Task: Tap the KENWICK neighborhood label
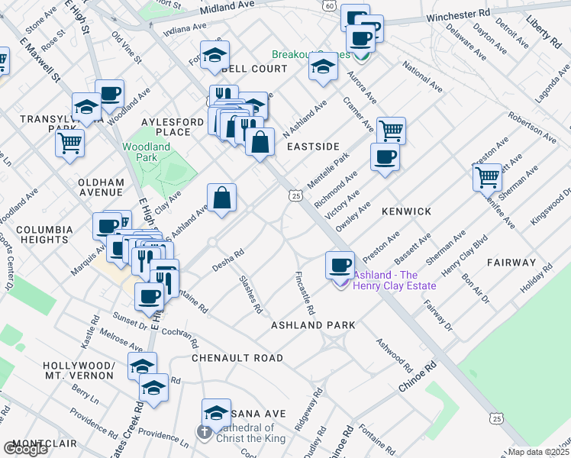pyautogui.click(x=407, y=211)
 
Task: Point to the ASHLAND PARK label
pyautogui.click(x=313, y=325)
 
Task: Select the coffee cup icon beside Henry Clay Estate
pyautogui.click(x=340, y=264)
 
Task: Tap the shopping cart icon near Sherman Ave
pyautogui.click(x=488, y=176)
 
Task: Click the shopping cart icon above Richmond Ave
pyautogui.click(x=390, y=130)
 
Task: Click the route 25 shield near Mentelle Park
pyautogui.click(x=295, y=196)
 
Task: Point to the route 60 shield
pyautogui.click(x=329, y=5)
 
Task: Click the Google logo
pyautogui.click(x=25, y=449)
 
